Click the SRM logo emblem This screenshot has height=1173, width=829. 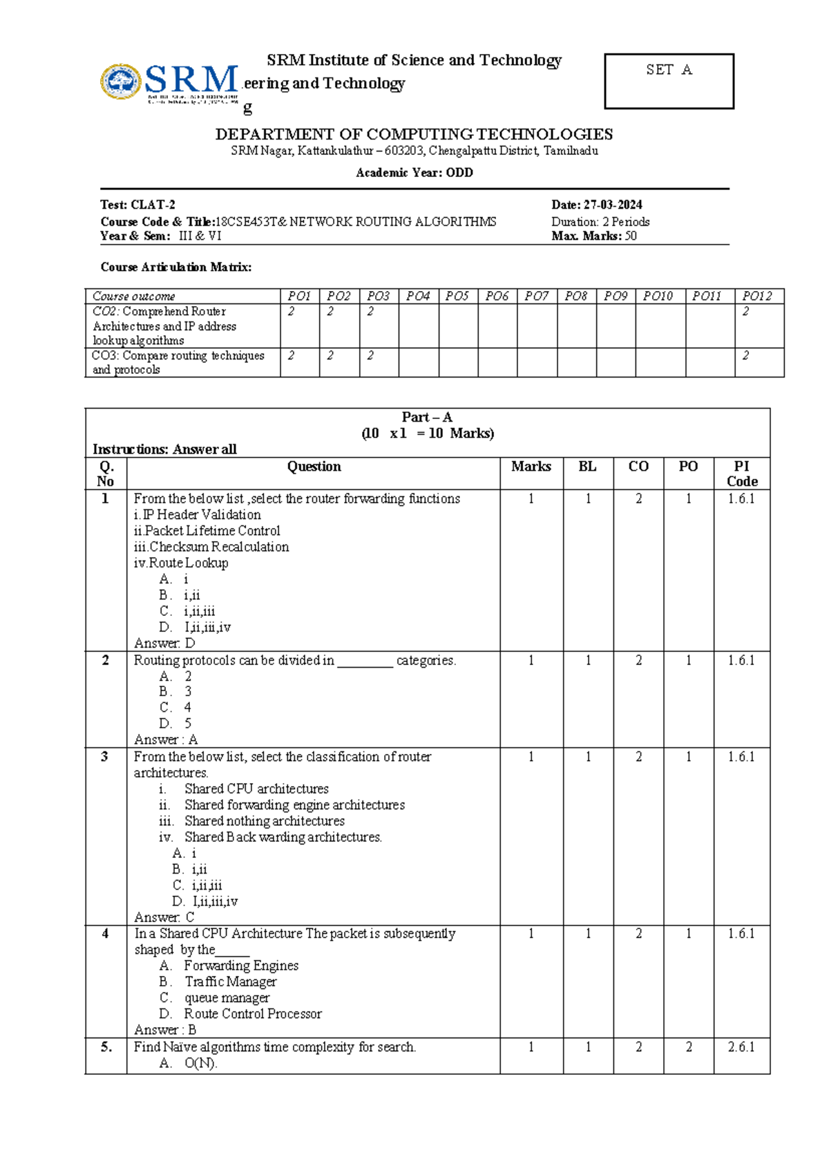tap(121, 82)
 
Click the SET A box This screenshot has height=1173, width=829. tap(668, 81)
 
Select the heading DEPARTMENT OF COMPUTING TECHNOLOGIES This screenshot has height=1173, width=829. tap(414, 134)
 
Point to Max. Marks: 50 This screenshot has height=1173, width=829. tap(594, 236)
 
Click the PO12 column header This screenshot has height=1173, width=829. tap(757, 296)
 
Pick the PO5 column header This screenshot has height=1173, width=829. tap(457, 296)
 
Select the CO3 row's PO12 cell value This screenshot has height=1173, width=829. tap(746, 355)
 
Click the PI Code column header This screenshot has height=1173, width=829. tap(741, 473)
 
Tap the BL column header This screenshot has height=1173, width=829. tap(588, 467)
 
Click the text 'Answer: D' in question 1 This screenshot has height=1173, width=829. tap(164, 644)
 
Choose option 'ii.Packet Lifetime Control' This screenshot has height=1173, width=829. tap(207, 531)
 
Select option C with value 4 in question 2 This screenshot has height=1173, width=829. tap(175, 707)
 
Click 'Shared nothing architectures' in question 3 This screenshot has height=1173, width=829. tap(264, 821)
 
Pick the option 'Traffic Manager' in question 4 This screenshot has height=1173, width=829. tap(230, 982)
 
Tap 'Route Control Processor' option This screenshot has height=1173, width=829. tap(252, 1014)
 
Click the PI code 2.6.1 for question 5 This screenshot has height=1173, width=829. tap(741, 1047)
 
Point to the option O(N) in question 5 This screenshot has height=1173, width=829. tap(200, 1064)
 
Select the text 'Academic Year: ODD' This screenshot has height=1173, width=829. tap(414, 173)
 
